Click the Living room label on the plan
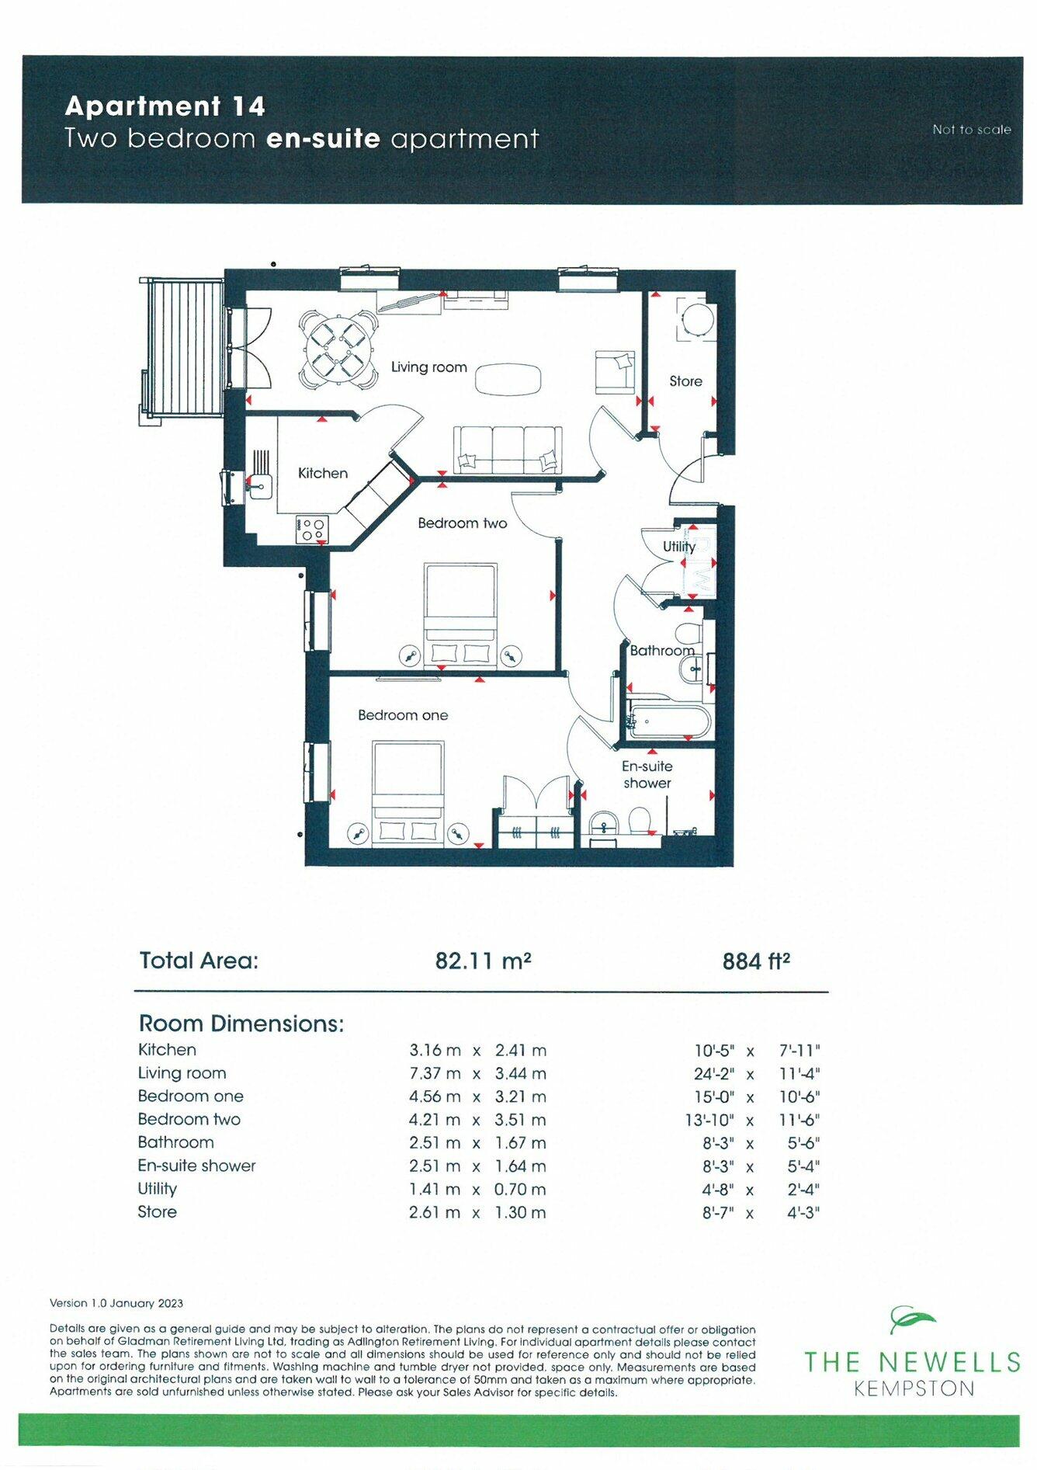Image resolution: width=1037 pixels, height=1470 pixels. (428, 367)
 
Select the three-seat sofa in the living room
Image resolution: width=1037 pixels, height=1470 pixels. (508, 450)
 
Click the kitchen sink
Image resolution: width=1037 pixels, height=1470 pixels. (259, 487)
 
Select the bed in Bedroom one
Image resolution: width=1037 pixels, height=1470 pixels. (408, 793)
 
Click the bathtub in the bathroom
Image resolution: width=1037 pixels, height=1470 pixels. (668, 722)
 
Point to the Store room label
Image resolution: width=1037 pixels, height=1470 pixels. (685, 381)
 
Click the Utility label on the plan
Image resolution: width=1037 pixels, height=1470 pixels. (679, 547)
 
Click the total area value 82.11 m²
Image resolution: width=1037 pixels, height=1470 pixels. (483, 961)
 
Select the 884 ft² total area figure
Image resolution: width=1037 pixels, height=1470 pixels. (756, 961)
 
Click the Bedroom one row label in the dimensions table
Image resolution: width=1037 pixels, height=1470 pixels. (191, 1096)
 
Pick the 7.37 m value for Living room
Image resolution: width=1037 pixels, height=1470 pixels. (435, 1073)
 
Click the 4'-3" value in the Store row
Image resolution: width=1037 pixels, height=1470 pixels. (803, 1213)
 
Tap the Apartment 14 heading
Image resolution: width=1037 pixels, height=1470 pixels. (165, 106)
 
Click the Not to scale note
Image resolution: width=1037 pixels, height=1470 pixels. (972, 130)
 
